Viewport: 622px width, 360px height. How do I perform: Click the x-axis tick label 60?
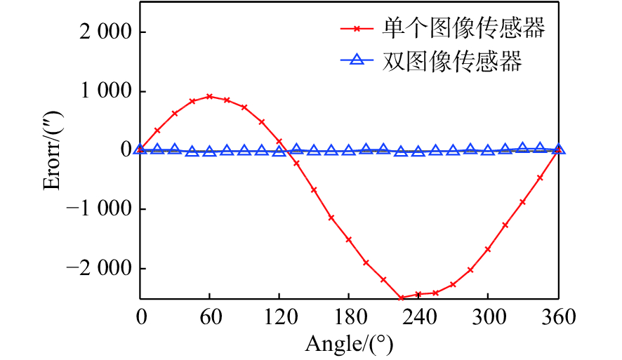(209, 318)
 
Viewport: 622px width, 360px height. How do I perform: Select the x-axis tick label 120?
(279, 318)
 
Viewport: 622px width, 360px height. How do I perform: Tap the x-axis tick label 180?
(349, 318)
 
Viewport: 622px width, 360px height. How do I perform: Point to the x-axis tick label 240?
(418, 318)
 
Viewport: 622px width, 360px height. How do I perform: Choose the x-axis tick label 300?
(488, 318)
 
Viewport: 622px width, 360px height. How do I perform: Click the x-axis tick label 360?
(558, 318)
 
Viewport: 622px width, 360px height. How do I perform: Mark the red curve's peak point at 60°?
(209, 96)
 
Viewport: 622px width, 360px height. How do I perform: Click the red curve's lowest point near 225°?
(401, 298)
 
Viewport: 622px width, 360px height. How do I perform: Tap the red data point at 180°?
(349, 239)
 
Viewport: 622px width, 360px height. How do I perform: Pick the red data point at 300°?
(488, 249)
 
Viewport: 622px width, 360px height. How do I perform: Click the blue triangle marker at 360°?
(559, 149)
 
